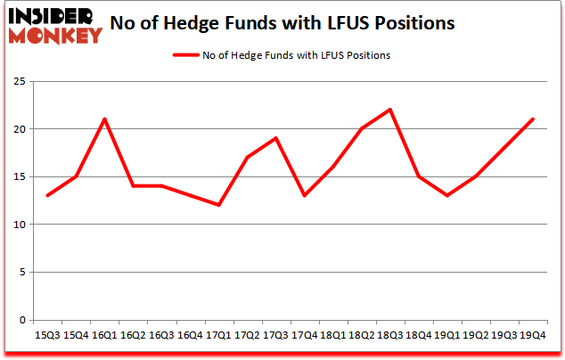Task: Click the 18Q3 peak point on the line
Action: (390, 110)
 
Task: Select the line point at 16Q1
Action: (105, 119)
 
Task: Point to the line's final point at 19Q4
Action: (533, 119)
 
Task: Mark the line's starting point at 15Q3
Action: (47, 195)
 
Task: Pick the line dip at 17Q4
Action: (305, 195)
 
